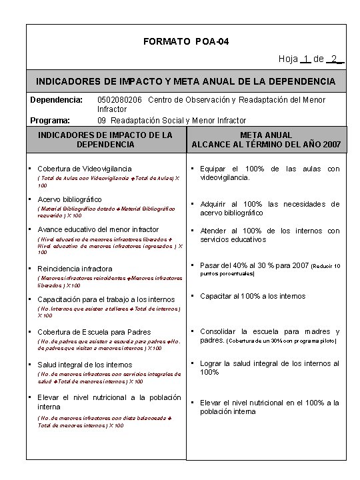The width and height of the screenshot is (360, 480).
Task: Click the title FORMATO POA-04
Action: pos(186,41)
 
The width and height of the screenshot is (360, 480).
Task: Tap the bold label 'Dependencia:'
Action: pos(56,100)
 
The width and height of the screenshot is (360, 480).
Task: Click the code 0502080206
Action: pos(120,100)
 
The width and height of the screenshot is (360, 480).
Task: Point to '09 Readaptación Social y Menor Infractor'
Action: pos(171,121)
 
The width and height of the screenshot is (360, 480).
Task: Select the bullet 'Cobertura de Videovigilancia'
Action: pos(85,169)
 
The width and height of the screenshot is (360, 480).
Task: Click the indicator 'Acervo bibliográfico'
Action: pos(69,199)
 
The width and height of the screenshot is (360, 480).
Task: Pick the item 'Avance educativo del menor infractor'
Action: pos(98,229)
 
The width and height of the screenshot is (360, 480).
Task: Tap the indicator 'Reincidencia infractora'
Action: pos(75,269)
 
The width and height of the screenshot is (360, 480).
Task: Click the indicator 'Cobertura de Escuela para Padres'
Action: pos(94,332)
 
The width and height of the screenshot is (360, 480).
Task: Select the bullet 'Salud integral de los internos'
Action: pos(85,365)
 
